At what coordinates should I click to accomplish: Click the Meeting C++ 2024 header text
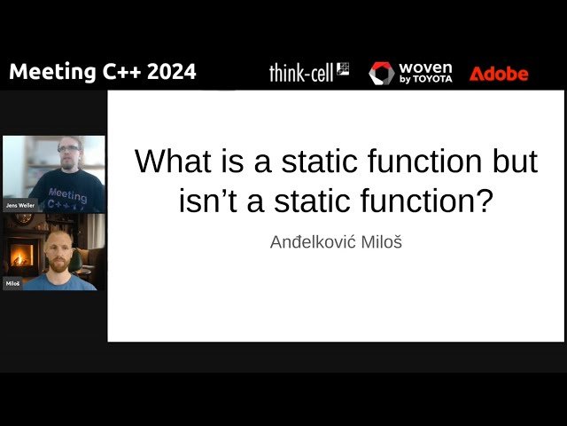point(103,72)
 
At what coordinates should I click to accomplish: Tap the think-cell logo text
point(301,73)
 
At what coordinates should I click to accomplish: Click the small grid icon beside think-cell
point(343,68)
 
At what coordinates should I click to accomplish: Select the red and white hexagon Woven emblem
point(382,74)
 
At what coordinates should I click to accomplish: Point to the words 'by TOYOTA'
point(425,79)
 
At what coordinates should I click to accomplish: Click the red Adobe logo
point(499,74)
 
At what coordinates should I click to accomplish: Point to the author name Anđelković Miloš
point(336,242)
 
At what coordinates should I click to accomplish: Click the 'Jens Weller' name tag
point(20,205)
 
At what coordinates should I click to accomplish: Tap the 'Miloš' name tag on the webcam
point(12,283)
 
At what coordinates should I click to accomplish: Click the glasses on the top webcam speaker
point(68,148)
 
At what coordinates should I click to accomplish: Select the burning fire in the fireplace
point(21,255)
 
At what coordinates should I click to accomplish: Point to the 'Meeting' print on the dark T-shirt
point(67,195)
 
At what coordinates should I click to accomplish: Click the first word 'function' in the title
point(425,161)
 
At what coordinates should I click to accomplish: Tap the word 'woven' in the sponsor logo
point(425,67)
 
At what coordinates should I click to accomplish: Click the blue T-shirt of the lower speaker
point(60,282)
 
